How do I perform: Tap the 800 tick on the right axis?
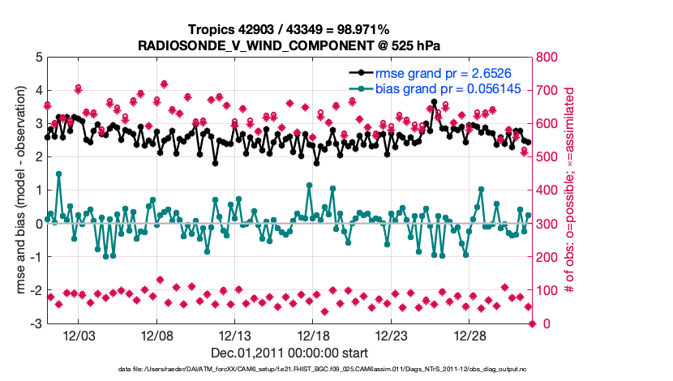551,58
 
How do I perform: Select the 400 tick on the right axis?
551,190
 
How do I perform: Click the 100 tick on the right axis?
551,290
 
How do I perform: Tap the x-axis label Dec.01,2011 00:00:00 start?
289,353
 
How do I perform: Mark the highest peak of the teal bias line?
58,173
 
